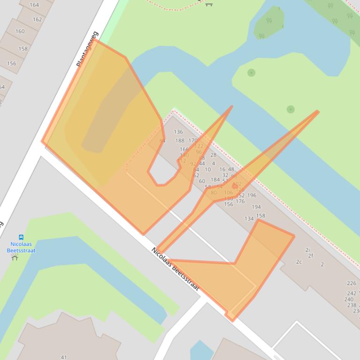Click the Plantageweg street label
coord(88,49)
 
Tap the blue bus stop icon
coord(21,238)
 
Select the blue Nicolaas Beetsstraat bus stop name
coord(21,247)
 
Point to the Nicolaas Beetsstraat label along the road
coord(176,269)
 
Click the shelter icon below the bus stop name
coord(15,257)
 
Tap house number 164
coord(34,5)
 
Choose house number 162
coord(37,20)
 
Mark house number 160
coord(20,32)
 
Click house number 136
coord(178,132)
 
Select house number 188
coord(180,141)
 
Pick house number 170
coord(193,140)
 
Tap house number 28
coord(213,155)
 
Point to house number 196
coord(252,195)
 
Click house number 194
coord(256,207)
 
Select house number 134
coord(249,219)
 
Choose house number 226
coord(352,283)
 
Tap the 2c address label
coord(299,262)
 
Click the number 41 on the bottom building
coord(64,357)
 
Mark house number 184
coord(215,180)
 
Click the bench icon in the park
coord(209,4)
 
